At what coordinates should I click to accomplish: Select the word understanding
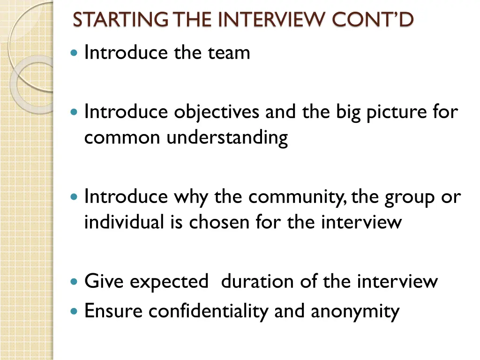pos(227,138)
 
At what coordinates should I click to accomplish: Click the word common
pos(122,138)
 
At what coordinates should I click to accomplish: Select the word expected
pos(169,282)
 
